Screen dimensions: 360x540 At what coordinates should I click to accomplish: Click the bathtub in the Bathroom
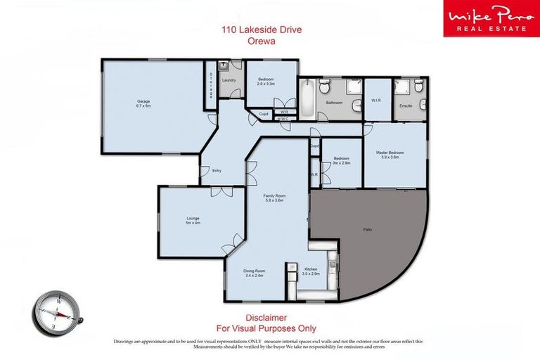coord(308,98)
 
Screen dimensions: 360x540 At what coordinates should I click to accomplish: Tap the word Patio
coord(367,229)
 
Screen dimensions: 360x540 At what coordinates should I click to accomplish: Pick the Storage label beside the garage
coord(210,84)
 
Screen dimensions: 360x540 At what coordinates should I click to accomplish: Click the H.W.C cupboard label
coord(283,119)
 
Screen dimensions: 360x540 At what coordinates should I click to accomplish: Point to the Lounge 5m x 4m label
coord(193,221)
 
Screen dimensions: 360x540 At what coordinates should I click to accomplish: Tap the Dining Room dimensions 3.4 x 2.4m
coord(255,276)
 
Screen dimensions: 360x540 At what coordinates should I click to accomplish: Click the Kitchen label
coord(311,269)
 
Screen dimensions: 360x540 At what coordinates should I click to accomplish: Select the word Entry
coord(206,170)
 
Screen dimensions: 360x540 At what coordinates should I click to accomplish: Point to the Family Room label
coord(274,195)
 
